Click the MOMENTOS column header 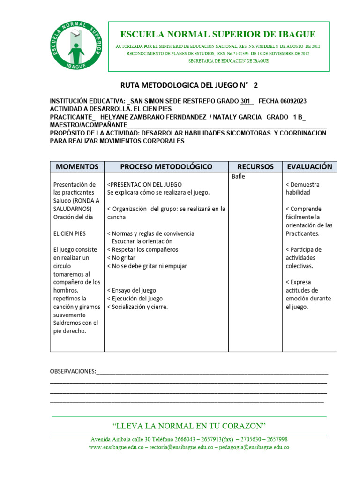click(x=77, y=166)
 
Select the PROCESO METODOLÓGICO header click(x=166, y=166)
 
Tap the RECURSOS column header click(x=255, y=166)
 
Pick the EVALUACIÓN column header click(x=309, y=166)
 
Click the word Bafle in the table click(x=239, y=177)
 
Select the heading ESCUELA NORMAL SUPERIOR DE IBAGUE click(x=218, y=34)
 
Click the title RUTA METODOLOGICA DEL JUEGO click(x=183, y=85)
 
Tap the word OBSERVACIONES click(x=73, y=372)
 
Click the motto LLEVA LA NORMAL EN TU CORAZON click(x=189, y=426)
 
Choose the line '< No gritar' click(x=121, y=258)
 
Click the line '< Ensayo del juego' click(x=132, y=290)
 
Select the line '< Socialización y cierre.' click(x=137, y=307)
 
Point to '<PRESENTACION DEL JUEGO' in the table click(x=144, y=185)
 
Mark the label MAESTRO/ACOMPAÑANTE click(x=89, y=125)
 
